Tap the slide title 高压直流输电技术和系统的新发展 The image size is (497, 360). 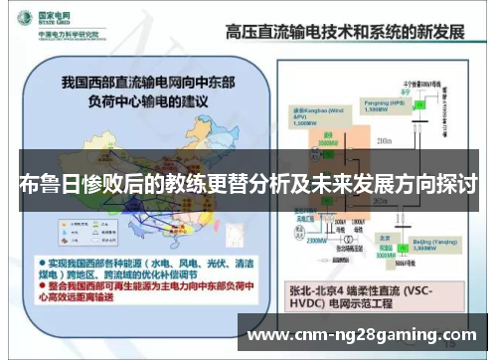[x=346, y=30]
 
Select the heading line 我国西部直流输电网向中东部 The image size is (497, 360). [x=149, y=80]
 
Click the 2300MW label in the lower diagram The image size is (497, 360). [x=316, y=239]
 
